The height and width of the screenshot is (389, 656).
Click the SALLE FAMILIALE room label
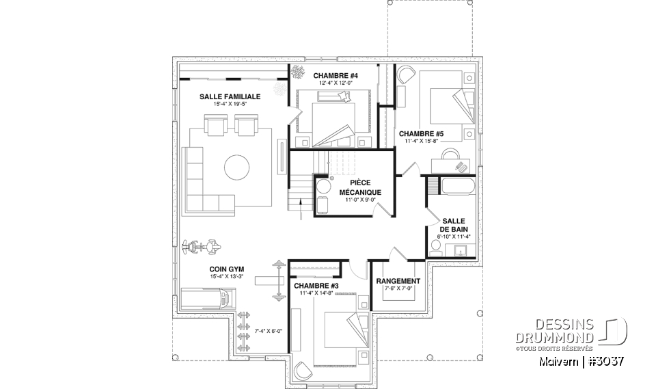click(230, 97)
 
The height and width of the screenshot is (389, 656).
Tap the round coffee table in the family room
click(236, 167)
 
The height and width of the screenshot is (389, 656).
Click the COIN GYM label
click(226, 269)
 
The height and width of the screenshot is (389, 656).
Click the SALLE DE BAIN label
click(454, 225)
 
